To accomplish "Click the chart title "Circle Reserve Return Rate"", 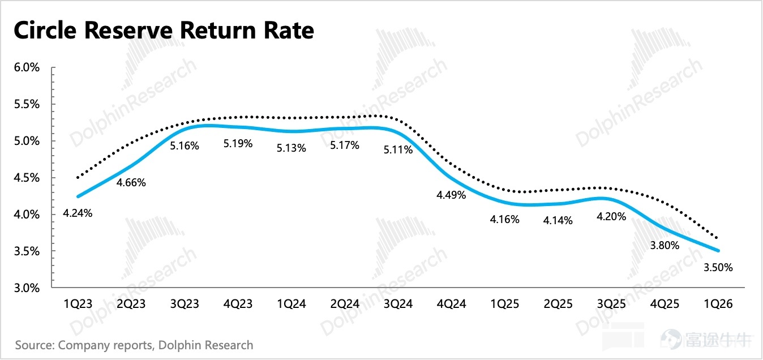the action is pyautogui.click(x=164, y=31).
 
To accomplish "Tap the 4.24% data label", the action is pyautogui.click(x=78, y=213).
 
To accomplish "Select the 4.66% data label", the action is pyautogui.click(x=131, y=183).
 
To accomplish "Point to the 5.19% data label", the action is pyautogui.click(x=238, y=143).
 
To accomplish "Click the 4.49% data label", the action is pyautogui.click(x=451, y=195).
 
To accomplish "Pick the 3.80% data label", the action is pyautogui.click(x=665, y=245).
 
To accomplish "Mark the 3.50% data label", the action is pyautogui.click(x=718, y=267).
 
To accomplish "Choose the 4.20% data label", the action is pyautogui.click(x=611, y=216).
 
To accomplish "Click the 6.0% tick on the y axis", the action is pyautogui.click(x=27, y=67).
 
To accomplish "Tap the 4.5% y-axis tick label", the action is pyautogui.click(x=27, y=178).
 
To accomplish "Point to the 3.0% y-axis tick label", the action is pyautogui.click(x=27, y=288).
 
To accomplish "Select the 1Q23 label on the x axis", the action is pyautogui.click(x=78, y=304).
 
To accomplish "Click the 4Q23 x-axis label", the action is pyautogui.click(x=238, y=304).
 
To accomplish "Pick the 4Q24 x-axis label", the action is pyautogui.click(x=451, y=304).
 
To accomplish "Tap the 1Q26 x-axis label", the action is pyautogui.click(x=718, y=304).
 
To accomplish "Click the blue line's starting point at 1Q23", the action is pyautogui.click(x=78, y=196).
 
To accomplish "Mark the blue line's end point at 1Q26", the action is pyautogui.click(x=718, y=251).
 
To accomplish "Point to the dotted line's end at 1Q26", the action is pyautogui.click(x=717, y=237).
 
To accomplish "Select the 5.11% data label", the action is pyautogui.click(x=398, y=150).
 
